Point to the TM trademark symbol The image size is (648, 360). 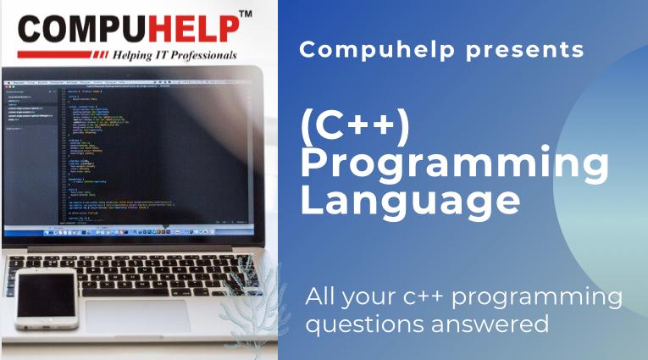pos(246,14)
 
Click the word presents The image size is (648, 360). pos(533,50)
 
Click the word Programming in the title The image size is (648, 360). pos(454,165)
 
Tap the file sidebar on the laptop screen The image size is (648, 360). pos(30,152)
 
